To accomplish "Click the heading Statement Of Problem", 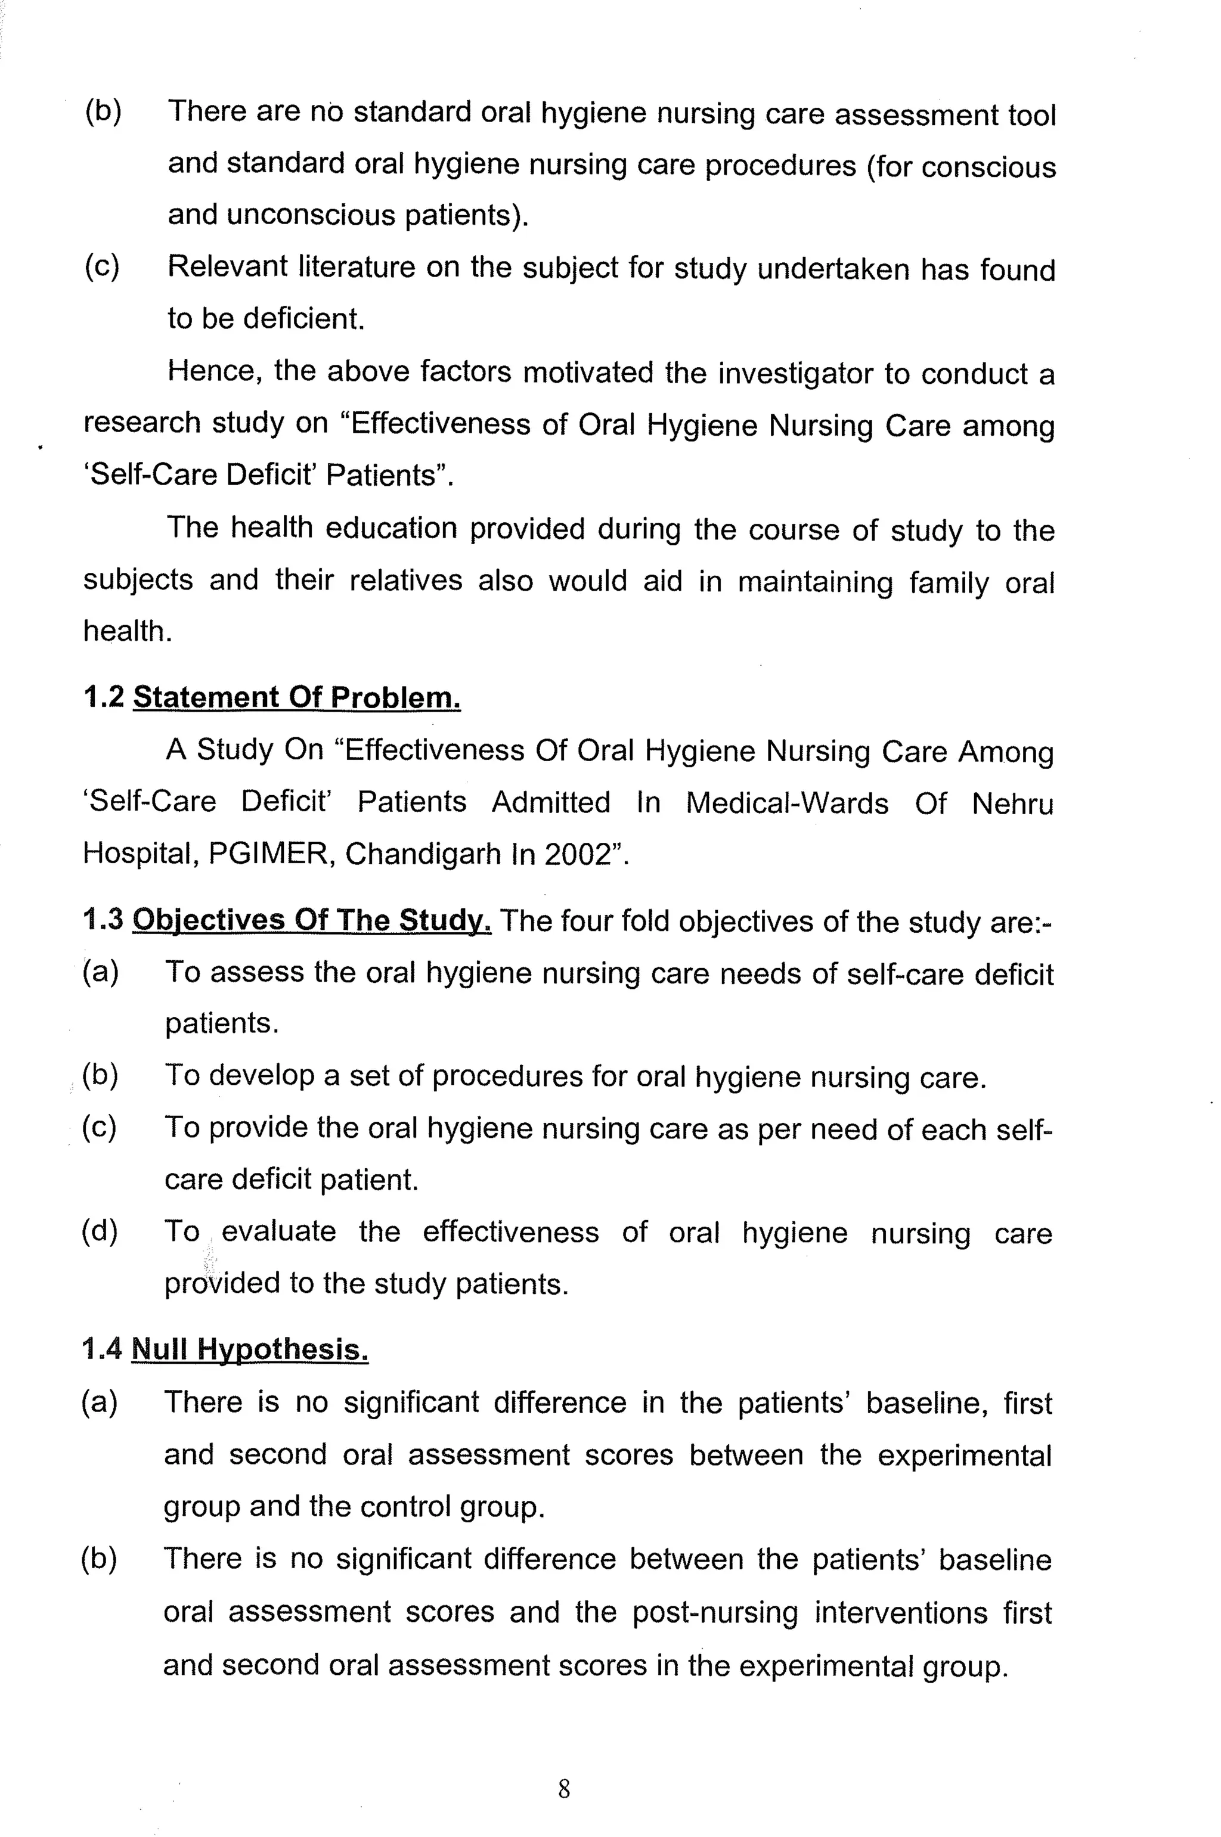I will [297, 697].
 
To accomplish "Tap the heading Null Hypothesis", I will [249, 1349].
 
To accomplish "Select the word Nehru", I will [1012, 803].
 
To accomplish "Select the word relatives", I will [405, 581].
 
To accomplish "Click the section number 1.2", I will [104, 697].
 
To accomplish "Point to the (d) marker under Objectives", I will [100, 1231].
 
